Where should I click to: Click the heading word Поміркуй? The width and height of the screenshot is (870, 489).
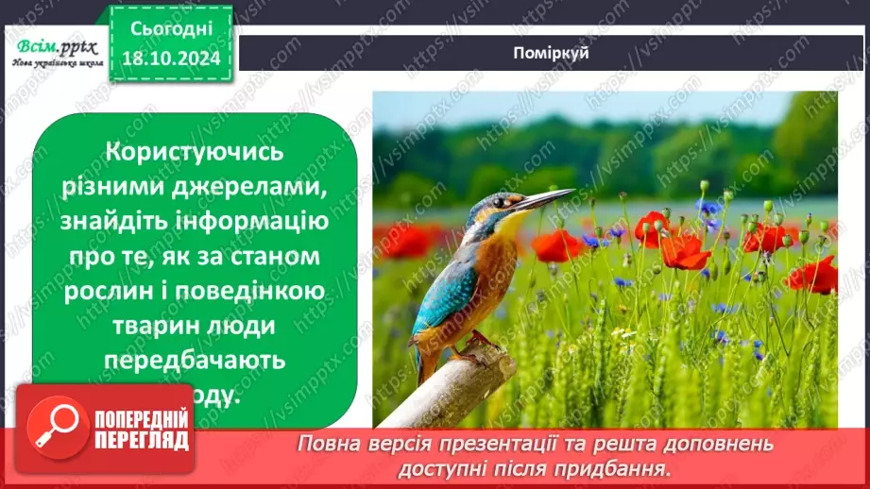[554, 53]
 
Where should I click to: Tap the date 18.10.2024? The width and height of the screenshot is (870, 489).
[171, 59]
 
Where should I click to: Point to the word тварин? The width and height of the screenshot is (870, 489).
[152, 326]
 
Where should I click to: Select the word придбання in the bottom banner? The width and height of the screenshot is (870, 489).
[622, 466]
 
